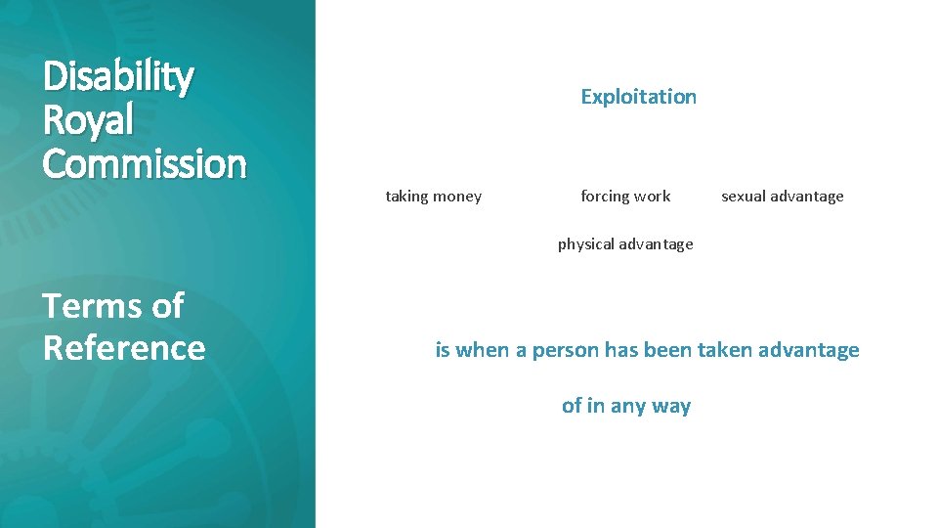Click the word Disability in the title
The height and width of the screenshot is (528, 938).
(118, 77)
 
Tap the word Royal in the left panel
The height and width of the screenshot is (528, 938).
(88, 120)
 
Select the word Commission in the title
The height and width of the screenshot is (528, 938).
(145, 163)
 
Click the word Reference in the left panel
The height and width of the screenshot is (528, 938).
(124, 348)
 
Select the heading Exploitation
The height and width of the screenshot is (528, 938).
(638, 97)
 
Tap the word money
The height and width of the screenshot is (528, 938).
(457, 197)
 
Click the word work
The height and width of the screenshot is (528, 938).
(653, 197)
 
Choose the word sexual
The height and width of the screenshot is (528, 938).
(744, 197)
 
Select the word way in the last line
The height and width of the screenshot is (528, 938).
(672, 407)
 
